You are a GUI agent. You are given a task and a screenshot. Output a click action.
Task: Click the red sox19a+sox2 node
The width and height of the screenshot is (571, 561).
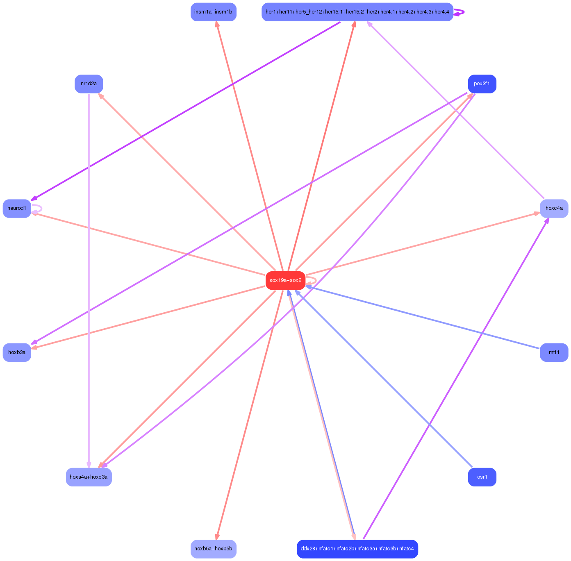[x=285, y=280]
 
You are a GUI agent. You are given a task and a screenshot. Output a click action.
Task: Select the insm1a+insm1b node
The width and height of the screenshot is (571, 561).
[x=213, y=12]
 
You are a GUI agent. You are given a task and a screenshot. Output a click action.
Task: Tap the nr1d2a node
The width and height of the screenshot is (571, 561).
[x=89, y=84]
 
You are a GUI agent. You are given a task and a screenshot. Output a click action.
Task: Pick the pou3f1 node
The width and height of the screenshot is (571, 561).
[x=482, y=84]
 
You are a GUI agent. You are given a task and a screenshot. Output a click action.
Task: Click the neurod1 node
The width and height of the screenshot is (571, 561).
[x=17, y=209]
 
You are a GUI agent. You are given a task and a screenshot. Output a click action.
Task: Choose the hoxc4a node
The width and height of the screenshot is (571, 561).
[x=554, y=209]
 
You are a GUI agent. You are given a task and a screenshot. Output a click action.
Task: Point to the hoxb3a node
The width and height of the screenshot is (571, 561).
[x=17, y=352]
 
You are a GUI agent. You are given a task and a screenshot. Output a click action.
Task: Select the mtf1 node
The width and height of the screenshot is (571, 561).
[x=554, y=352]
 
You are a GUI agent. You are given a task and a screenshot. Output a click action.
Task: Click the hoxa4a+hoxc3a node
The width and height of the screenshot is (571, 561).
[x=89, y=477]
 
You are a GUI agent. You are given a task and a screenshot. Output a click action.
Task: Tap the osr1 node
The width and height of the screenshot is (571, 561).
[x=482, y=477]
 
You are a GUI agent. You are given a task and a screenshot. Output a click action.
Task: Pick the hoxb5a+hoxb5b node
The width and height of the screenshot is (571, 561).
[x=213, y=549]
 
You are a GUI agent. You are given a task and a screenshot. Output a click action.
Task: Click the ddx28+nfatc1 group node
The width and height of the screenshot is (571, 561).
[x=357, y=549]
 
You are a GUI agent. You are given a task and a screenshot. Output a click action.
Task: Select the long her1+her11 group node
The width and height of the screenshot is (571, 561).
[x=357, y=12]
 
